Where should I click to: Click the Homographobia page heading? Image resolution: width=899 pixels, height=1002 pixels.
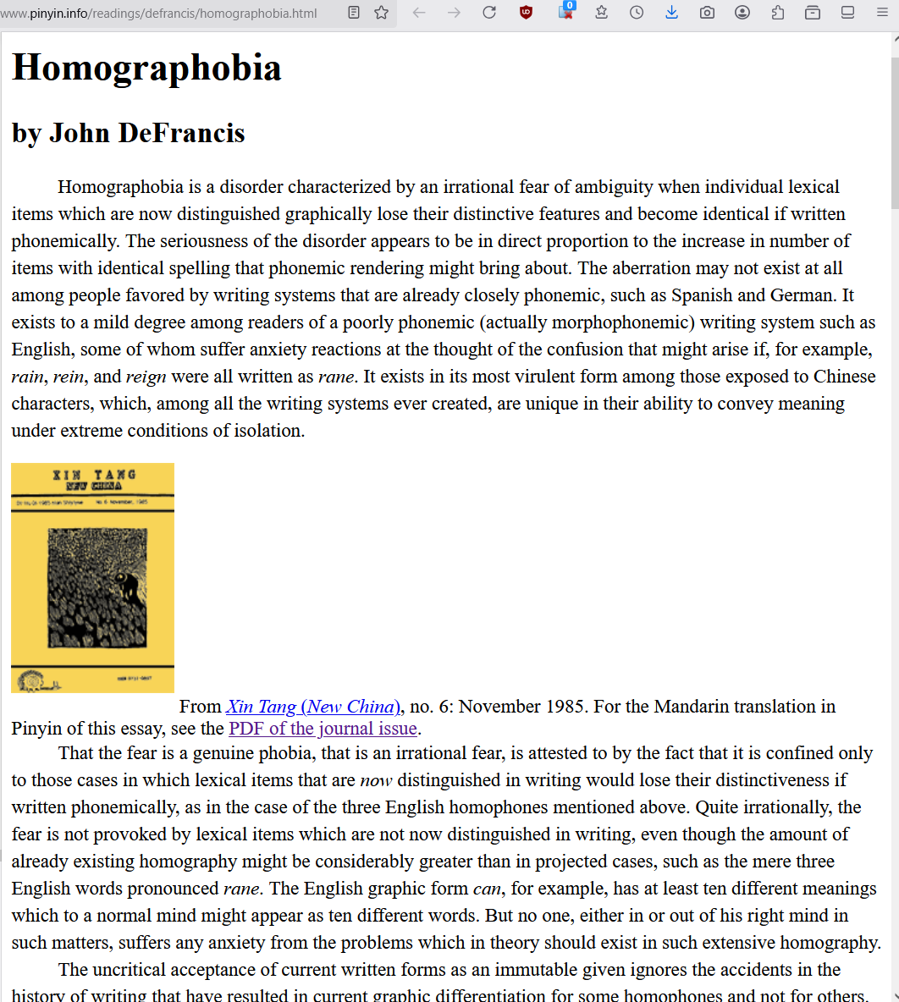146,68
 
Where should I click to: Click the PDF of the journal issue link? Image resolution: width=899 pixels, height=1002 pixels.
323,729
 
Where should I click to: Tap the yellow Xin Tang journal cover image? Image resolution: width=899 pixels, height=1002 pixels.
92,577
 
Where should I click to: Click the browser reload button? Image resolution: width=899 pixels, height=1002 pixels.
489,13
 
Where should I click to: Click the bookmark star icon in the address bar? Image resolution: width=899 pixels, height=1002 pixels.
382,13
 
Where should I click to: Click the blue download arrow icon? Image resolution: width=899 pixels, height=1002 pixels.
671,13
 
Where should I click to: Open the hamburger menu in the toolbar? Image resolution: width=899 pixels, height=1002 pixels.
882,13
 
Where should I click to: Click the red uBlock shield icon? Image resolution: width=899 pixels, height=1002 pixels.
526,13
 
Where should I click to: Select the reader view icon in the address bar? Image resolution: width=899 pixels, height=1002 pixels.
354,13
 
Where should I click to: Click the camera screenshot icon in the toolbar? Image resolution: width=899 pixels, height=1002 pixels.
707,13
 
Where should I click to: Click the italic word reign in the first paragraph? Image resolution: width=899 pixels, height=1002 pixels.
146,377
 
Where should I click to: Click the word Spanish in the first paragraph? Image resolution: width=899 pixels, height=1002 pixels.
703,295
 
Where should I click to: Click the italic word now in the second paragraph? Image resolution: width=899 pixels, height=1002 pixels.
376,780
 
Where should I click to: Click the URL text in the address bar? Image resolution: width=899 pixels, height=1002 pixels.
161,14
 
